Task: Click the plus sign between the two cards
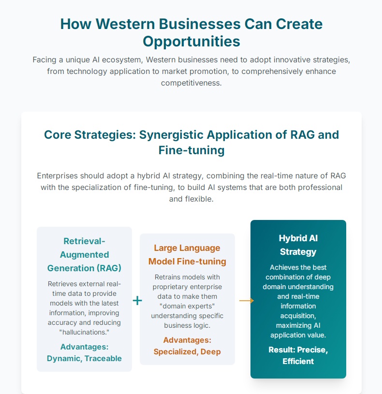(137, 301)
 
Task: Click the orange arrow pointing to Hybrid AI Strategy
(247, 301)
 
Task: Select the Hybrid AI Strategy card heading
(298, 245)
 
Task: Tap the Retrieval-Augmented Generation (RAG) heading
(84, 255)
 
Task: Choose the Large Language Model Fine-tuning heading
(187, 255)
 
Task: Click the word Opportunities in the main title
(191, 42)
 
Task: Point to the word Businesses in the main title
(200, 24)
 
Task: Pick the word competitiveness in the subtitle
(191, 83)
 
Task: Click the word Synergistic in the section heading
(171, 135)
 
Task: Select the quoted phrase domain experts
(187, 306)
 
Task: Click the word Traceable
(103, 358)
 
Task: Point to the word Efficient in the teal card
(298, 361)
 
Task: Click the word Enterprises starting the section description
(57, 176)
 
